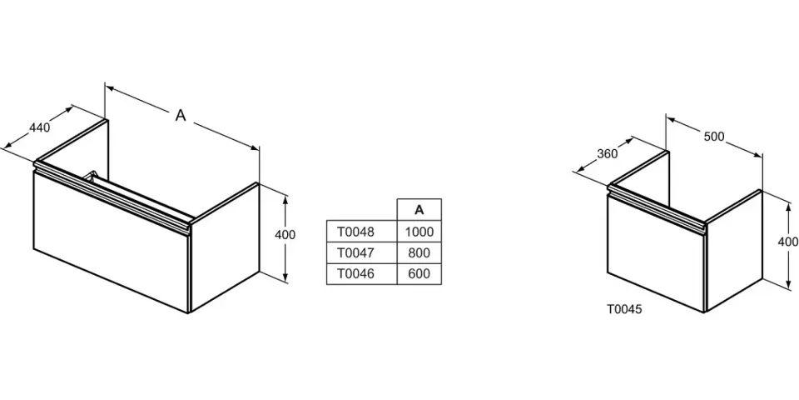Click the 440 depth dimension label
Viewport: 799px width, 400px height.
pyautogui.click(x=40, y=127)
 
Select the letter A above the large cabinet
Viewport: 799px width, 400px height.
pyautogui.click(x=181, y=117)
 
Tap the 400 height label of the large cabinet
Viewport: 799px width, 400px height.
pyautogui.click(x=285, y=235)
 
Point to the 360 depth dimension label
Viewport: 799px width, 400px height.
pyautogui.click(x=608, y=153)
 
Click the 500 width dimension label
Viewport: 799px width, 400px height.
pyautogui.click(x=714, y=137)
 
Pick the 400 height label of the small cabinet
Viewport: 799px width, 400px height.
pyautogui.click(x=787, y=242)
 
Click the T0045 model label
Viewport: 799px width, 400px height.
pyautogui.click(x=624, y=308)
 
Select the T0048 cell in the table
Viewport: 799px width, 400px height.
pyautogui.click(x=355, y=232)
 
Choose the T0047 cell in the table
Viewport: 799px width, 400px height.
pyautogui.click(x=355, y=252)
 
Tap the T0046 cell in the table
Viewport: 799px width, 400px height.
pyautogui.click(x=355, y=273)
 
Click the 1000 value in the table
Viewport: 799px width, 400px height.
pyautogui.click(x=419, y=232)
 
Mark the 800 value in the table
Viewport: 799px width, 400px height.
pyautogui.click(x=419, y=252)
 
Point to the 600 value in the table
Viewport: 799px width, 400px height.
pyautogui.click(x=419, y=273)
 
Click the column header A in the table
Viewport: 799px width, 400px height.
pyautogui.click(x=419, y=209)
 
